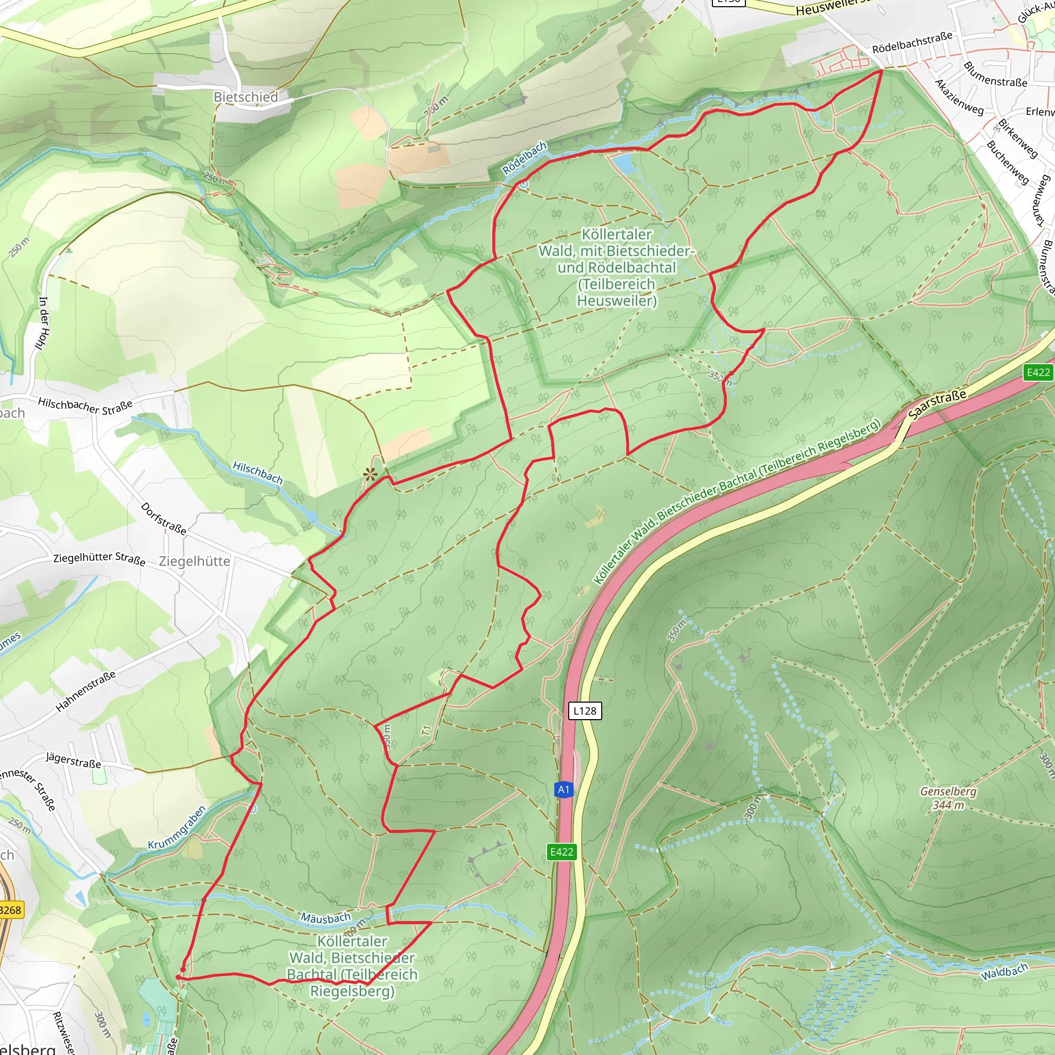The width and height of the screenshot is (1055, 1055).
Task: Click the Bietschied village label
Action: [246, 97]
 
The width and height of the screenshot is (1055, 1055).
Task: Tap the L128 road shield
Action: [585, 710]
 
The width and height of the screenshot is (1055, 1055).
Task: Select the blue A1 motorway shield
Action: [564, 789]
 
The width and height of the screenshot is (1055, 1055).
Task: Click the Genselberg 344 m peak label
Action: [948, 798]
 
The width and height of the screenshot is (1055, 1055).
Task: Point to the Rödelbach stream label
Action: [524, 158]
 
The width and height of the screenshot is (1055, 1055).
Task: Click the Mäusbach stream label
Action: [326, 918]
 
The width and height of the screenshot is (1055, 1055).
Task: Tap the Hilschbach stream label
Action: [258, 472]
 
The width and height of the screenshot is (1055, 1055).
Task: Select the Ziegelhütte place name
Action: [194, 561]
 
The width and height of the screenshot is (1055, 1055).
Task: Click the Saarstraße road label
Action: [937, 404]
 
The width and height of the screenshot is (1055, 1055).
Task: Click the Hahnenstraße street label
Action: [86, 691]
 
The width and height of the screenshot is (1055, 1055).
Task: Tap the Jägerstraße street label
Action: [73, 760]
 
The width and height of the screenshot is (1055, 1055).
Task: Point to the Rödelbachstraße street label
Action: [912, 42]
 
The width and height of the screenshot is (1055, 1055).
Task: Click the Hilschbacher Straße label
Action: [85, 406]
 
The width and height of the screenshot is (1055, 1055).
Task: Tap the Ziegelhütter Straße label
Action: [99, 558]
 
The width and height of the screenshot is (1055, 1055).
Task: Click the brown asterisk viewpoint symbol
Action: [370, 474]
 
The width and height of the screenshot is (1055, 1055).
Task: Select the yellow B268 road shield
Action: [10, 910]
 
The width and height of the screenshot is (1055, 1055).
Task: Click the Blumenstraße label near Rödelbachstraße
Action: [995, 74]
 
